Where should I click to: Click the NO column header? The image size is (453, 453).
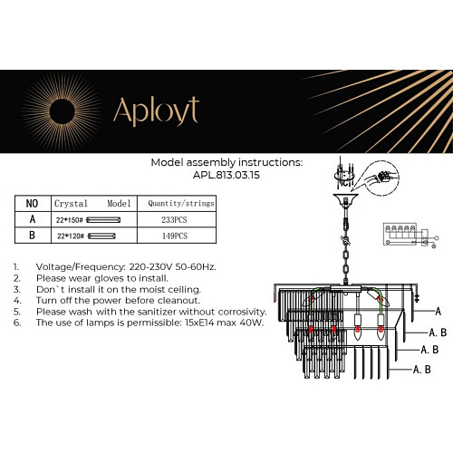(32, 204)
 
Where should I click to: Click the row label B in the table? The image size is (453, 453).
(32, 236)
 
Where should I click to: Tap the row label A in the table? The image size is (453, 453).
(32, 219)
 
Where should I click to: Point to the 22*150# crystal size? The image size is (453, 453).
(70, 219)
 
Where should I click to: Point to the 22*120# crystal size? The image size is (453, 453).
(70, 236)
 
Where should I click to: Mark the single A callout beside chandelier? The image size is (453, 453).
(438, 310)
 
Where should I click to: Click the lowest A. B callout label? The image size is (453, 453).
(421, 370)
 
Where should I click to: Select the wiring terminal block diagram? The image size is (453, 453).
(405, 235)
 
